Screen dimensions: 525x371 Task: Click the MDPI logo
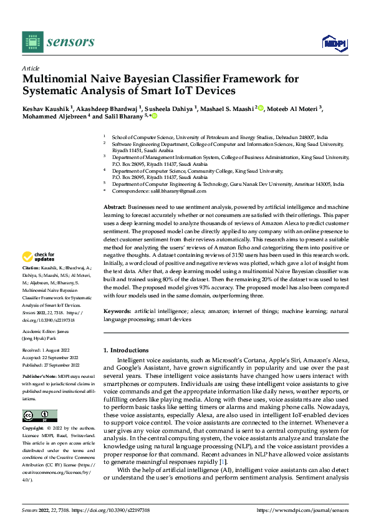tap(332, 42)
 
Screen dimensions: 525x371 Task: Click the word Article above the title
tap(31, 68)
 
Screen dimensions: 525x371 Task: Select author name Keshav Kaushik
tap(46, 107)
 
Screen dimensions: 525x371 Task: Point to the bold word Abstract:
tap(115, 206)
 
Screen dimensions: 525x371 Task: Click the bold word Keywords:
tap(118, 310)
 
